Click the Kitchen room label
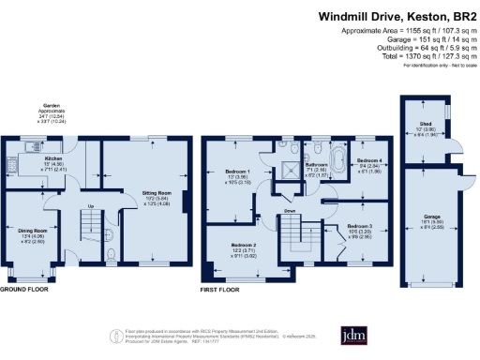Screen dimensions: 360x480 coord(53,158)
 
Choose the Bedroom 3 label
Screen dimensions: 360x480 coord(359,227)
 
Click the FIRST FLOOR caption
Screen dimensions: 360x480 coord(221,290)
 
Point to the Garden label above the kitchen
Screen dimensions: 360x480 coord(52,105)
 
